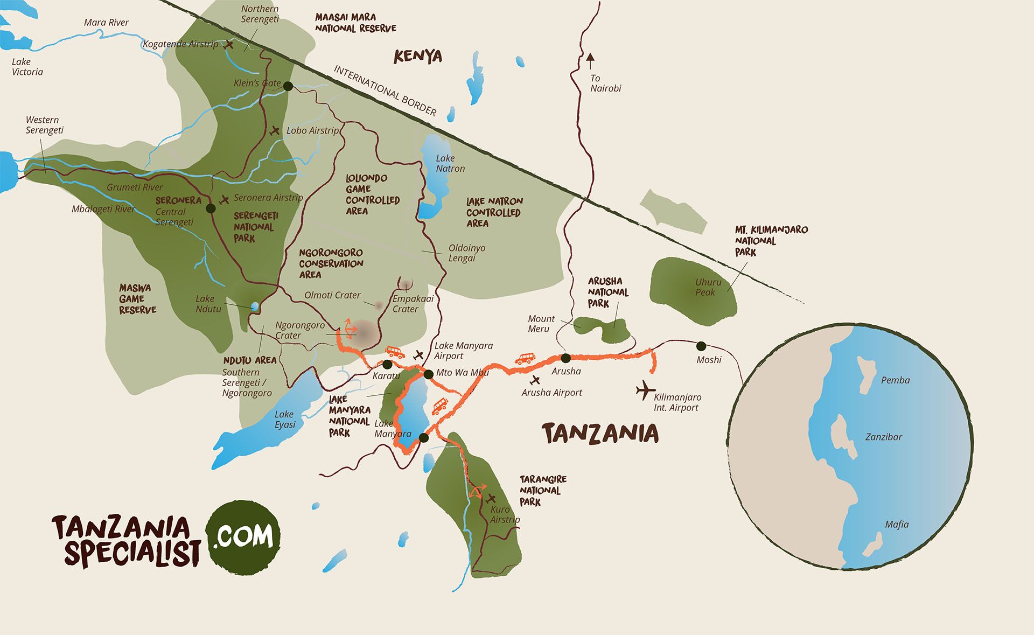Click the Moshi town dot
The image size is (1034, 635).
point(701,346)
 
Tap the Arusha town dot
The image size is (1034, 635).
point(565,358)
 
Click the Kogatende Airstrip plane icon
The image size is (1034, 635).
point(229,44)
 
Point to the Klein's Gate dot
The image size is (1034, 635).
point(288,86)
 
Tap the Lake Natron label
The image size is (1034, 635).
point(450,163)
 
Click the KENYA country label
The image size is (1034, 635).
point(417,56)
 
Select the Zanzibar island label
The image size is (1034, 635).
point(883,437)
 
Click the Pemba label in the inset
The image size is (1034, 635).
point(895,380)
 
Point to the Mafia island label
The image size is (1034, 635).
point(897,524)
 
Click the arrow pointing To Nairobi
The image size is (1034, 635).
point(590,58)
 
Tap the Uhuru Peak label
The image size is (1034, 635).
point(707,287)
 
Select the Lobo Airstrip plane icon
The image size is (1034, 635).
point(275,130)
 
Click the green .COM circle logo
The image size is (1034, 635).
point(243,534)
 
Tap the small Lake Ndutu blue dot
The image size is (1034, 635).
point(255,306)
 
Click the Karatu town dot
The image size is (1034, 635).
point(387,365)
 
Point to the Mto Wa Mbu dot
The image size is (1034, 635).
point(428,374)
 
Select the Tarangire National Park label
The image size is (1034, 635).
point(542,490)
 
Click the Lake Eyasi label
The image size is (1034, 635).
point(284,419)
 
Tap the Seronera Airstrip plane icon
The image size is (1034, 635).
point(224,200)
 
